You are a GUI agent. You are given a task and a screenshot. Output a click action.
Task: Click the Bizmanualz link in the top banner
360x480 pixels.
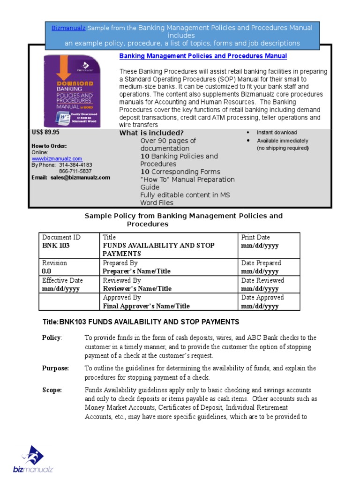[x=68, y=28]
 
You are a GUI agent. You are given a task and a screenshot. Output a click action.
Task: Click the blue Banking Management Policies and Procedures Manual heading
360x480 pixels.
[x=203, y=56]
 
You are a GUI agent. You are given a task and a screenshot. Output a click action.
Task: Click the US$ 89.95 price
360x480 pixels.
[x=45, y=132]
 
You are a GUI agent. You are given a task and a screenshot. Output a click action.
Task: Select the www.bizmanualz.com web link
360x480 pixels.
[x=57, y=159]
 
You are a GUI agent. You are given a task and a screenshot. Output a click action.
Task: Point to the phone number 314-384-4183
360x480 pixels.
[x=75, y=165]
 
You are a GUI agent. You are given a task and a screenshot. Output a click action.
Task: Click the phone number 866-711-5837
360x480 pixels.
[x=75, y=171]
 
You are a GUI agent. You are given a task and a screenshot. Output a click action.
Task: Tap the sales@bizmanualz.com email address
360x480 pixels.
[x=81, y=178]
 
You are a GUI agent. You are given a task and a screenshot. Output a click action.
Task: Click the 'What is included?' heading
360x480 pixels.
[x=151, y=133]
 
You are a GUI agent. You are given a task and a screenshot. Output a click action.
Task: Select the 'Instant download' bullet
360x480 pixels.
[x=277, y=133]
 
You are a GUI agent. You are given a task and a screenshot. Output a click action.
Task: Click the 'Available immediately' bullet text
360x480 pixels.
[x=282, y=141]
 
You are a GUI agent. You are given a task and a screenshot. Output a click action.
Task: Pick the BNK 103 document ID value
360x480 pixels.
[x=56, y=246]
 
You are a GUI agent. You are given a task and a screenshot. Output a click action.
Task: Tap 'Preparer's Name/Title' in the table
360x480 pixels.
[x=136, y=271]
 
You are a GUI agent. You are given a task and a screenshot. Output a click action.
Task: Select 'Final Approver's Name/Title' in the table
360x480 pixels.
[x=146, y=306]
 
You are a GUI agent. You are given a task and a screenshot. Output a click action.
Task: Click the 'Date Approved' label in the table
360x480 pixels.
[x=262, y=298]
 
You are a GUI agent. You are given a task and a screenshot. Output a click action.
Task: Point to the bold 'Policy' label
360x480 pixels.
[x=51, y=337]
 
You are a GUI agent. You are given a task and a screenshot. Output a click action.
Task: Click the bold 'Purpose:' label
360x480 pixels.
[x=55, y=368]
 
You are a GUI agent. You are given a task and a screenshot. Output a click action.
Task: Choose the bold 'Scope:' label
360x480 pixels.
[x=52, y=390]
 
